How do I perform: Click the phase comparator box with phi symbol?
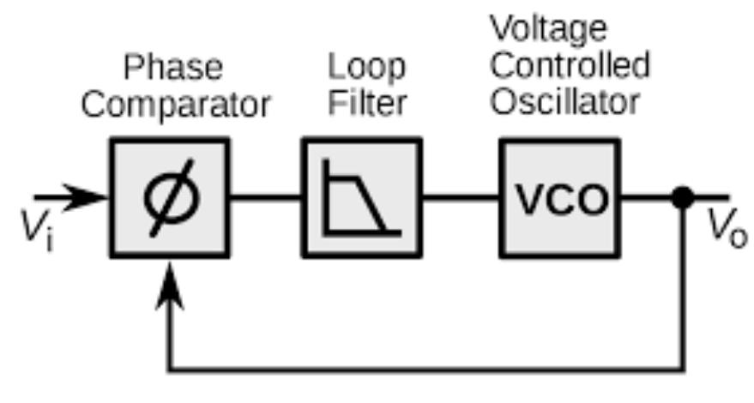click(x=169, y=198)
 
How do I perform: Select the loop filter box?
click(x=361, y=198)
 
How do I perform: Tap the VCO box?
click(x=559, y=198)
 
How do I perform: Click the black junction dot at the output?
click(x=683, y=198)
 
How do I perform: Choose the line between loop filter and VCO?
click(x=461, y=198)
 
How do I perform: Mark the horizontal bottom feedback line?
click(x=429, y=370)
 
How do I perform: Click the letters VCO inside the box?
click(x=559, y=199)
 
